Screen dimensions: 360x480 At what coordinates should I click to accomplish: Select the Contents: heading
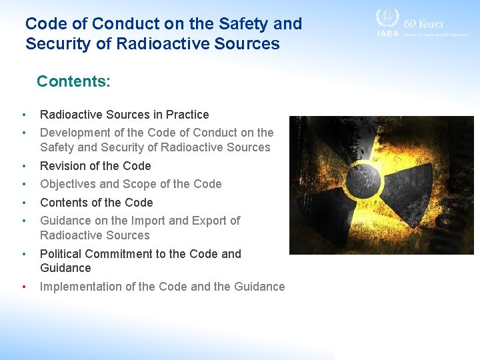(x=73, y=81)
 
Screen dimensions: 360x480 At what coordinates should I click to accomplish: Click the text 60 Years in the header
(x=423, y=23)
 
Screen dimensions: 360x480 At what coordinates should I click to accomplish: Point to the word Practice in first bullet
(x=187, y=115)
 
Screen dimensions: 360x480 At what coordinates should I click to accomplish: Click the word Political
(x=63, y=254)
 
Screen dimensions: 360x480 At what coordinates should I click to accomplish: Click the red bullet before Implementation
(x=23, y=287)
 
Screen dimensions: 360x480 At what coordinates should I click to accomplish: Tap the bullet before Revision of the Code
(x=23, y=166)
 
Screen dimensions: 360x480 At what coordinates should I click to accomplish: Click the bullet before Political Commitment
(x=23, y=254)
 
